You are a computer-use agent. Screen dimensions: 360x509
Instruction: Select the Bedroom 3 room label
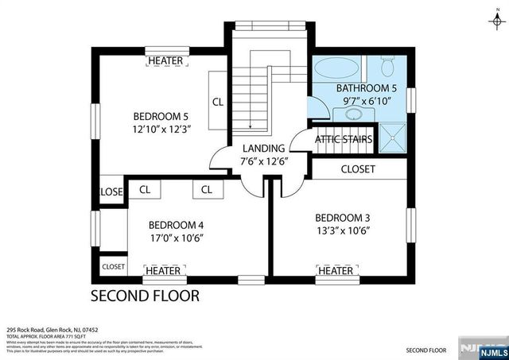point(343,218)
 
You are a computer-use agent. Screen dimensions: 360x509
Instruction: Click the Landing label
point(263,149)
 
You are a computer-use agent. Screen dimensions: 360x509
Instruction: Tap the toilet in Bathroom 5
point(388,63)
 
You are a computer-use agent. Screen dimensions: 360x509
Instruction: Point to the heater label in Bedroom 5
point(165,61)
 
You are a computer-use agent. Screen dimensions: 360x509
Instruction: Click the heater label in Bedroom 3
point(336,271)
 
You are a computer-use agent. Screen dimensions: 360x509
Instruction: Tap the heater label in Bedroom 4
point(165,271)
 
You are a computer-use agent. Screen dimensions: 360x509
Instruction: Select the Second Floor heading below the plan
point(144,296)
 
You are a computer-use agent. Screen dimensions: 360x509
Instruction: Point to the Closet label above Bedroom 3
point(357,169)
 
